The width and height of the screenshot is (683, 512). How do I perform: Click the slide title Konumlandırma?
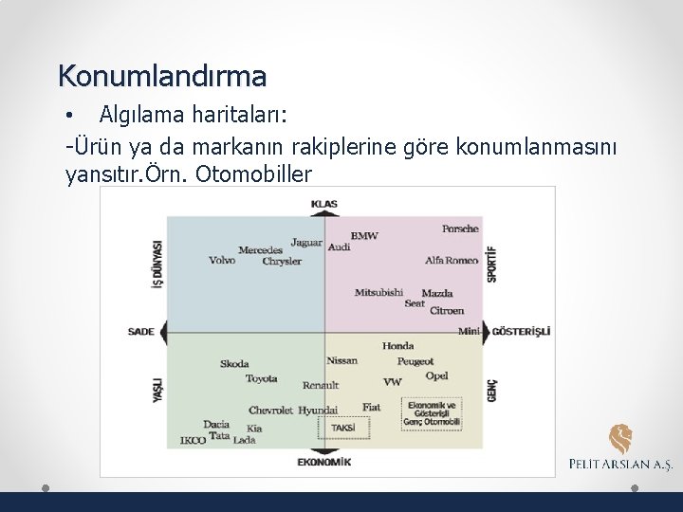pyautogui.click(x=162, y=74)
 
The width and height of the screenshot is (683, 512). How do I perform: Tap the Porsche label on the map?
pyautogui.click(x=460, y=229)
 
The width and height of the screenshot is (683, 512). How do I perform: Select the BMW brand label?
pyautogui.click(x=364, y=235)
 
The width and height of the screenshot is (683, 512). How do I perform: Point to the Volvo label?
pyautogui.click(x=222, y=260)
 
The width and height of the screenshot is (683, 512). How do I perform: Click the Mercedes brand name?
pyautogui.click(x=260, y=250)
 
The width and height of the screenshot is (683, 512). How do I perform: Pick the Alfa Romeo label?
pyautogui.click(x=452, y=260)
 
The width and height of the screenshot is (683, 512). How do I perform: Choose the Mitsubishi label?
pyautogui.click(x=378, y=292)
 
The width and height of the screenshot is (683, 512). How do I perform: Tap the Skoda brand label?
pyautogui.click(x=234, y=364)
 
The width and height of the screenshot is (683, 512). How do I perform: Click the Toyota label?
pyautogui.click(x=261, y=379)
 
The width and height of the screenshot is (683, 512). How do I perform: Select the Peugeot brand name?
pyautogui.click(x=415, y=361)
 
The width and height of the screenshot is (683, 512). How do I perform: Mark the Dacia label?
pyautogui.click(x=216, y=424)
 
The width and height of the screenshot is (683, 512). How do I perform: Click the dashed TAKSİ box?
pyautogui.click(x=342, y=428)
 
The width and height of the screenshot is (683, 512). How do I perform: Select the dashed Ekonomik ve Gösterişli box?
pyautogui.click(x=432, y=413)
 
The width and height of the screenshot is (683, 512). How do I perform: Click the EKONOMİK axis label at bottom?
pyautogui.click(x=323, y=462)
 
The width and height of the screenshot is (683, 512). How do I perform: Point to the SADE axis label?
pyautogui.click(x=140, y=332)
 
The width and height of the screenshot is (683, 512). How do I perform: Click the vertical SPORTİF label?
pyautogui.click(x=491, y=264)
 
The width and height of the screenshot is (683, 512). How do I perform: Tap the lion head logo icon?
pyautogui.click(x=620, y=439)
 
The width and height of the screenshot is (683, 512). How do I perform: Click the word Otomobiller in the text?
pyautogui.click(x=257, y=174)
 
